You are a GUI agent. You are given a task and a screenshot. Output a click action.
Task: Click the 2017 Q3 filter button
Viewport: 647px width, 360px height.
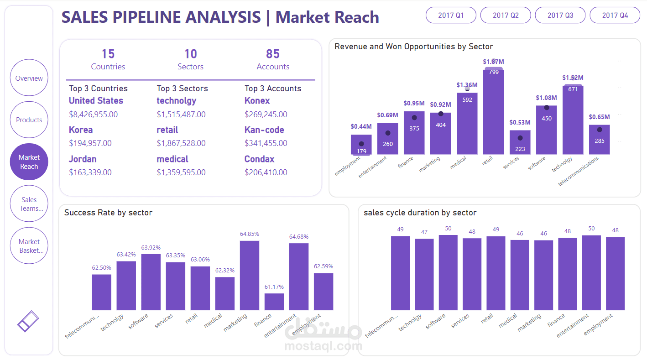click(x=560, y=15)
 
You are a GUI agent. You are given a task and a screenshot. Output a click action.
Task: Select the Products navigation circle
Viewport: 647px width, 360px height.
click(x=29, y=120)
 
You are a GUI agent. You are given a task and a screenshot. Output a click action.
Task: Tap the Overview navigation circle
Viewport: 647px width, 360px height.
click(x=29, y=78)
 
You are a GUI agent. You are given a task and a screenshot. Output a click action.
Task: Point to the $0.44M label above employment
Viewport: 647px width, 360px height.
click(x=361, y=126)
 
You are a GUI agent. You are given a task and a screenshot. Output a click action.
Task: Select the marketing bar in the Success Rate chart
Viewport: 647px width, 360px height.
click(x=250, y=276)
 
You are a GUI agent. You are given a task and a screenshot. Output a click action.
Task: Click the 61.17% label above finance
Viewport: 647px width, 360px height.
click(x=274, y=287)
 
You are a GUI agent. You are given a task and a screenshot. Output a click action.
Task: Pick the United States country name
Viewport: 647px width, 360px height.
click(x=96, y=101)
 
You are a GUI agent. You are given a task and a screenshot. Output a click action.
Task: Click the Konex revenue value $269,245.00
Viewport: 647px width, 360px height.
click(x=266, y=115)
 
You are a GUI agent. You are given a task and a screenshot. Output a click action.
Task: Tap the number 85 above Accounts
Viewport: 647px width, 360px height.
click(x=273, y=54)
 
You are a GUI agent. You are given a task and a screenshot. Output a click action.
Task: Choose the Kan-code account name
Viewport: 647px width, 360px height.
click(x=264, y=130)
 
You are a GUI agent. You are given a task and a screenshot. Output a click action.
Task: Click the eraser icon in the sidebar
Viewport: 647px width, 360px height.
click(x=28, y=321)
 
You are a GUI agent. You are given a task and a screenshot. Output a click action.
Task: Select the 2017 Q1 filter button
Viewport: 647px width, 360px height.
click(x=451, y=15)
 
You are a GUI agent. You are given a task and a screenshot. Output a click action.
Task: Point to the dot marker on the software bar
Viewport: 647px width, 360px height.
click(x=546, y=108)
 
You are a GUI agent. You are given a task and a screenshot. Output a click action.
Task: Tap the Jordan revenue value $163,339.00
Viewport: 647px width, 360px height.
click(x=90, y=172)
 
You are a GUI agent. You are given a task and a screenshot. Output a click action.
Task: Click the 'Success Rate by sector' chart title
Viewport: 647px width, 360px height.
click(x=108, y=213)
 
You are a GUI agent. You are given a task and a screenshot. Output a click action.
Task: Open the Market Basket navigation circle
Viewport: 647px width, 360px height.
click(x=29, y=246)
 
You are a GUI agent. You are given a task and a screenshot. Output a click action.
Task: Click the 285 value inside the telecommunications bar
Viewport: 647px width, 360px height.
click(x=600, y=141)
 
